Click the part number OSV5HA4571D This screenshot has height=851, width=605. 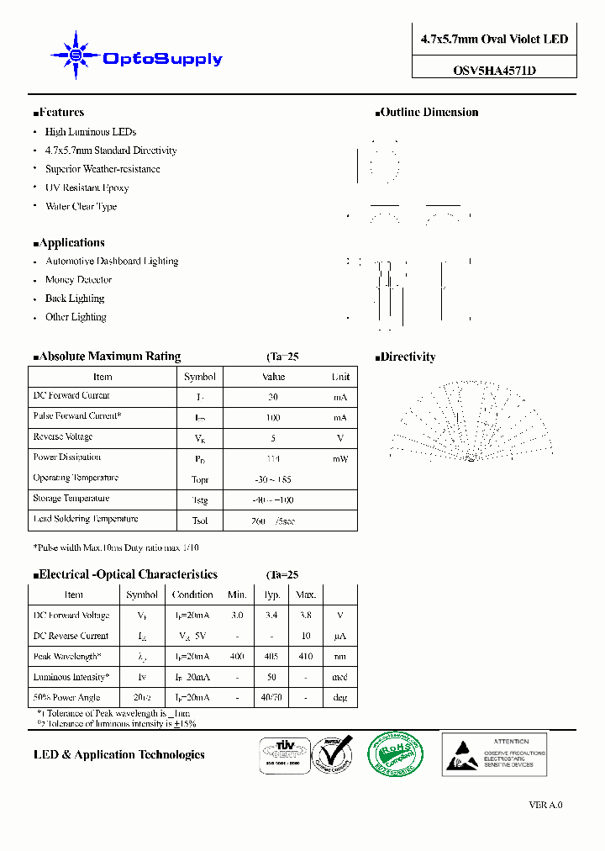pos(494,71)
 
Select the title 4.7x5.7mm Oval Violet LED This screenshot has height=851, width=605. pos(494,40)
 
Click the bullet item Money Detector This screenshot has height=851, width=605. pos(78,280)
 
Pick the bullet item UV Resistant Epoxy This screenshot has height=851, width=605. pos(87,188)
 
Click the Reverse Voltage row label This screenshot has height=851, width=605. pos(63,437)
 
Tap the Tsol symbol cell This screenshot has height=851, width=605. pos(200,521)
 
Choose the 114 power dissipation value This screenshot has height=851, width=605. pos(273,459)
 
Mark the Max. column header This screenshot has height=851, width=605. pos(304,595)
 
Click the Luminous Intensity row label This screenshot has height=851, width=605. pos(70,678)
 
